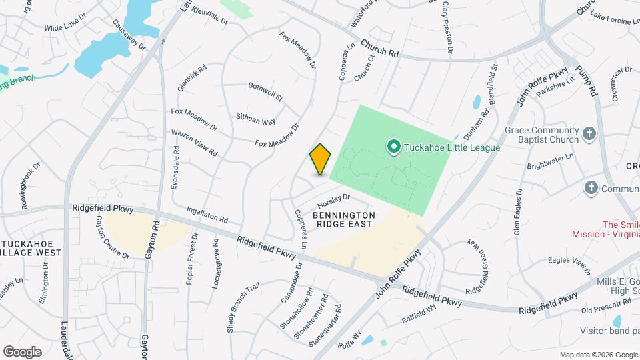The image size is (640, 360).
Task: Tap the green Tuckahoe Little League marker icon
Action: click(393, 146)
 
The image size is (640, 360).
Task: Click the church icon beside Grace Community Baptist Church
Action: click(589, 134)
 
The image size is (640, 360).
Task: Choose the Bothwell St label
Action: click(265, 91)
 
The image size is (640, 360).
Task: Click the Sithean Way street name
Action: click(255, 119)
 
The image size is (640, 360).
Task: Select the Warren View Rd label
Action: click(195, 143)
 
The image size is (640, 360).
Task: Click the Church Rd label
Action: click(379, 47)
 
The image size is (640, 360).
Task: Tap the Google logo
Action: click(22, 351)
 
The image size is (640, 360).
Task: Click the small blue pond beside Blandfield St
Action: click(477, 102)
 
